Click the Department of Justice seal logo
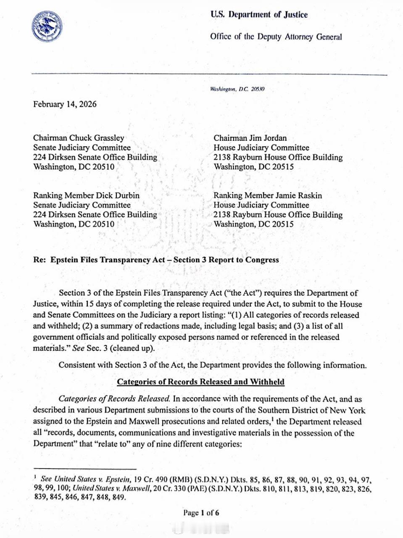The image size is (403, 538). click(x=47, y=26)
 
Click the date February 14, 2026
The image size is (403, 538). click(x=65, y=104)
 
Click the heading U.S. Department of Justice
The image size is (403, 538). click(x=259, y=15)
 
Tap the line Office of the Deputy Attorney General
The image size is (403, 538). click(x=276, y=37)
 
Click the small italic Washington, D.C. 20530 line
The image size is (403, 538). click(x=237, y=89)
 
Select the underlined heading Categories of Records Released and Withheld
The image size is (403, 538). click(x=200, y=382)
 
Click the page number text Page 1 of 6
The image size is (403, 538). click(x=201, y=512)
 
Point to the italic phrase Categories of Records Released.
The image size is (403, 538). click(x=114, y=399)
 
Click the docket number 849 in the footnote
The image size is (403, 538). click(x=119, y=497)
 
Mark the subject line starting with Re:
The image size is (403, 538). click(x=156, y=260)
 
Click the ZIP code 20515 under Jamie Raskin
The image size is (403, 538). click(x=283, y=224)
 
